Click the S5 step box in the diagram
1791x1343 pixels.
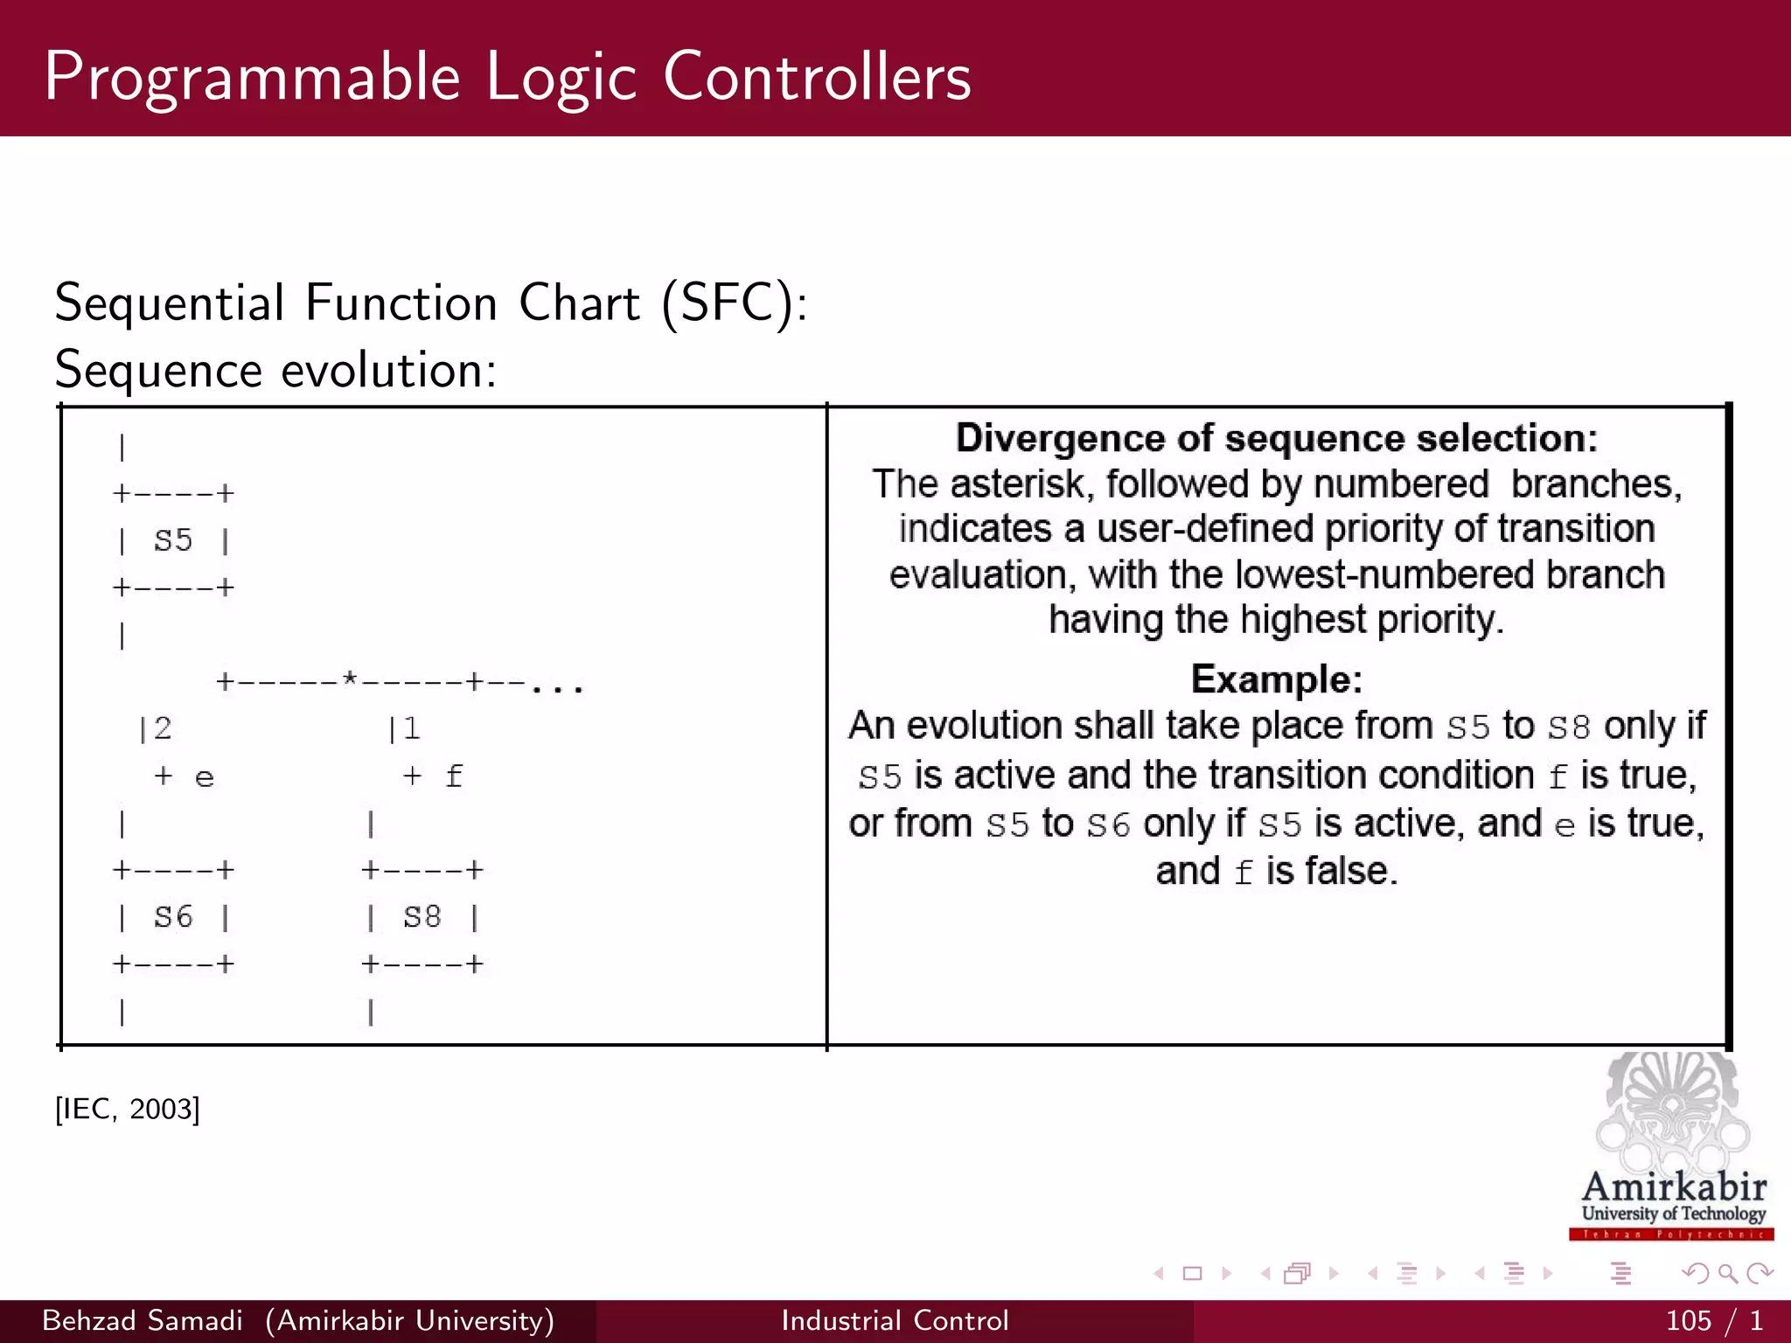tap(173, 540)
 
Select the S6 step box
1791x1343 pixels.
tap(173, 917)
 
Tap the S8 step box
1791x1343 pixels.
tap(422, 917)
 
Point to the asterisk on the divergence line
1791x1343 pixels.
tap(350, 679)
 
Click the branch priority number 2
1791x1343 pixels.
tap(163, 727)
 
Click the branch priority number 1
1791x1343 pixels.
tap(412, 727)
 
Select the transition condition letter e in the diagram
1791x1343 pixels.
tap(204, 777)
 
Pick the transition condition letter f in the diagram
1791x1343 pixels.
tap(453, 776)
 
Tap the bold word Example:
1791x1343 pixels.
tap(1276, 679)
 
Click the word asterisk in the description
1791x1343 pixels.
tap(1021, 484)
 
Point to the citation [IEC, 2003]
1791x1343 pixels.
tap(128, 1109)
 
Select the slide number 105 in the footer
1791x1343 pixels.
tap(1688, 1320)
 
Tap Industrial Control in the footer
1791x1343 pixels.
tap(895, 1320)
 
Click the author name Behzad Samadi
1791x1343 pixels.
tap(143, 1320)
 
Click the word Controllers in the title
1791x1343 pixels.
tap(817, 77)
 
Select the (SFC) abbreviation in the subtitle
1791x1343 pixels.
tap(732, 303)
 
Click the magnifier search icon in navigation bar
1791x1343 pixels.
tap(1727, 1274)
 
